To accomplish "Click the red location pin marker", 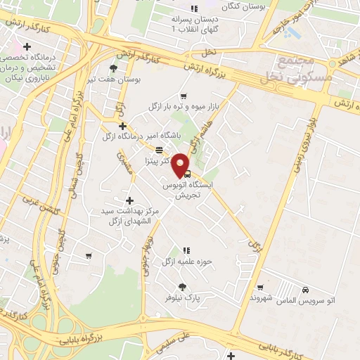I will tap(182, 165).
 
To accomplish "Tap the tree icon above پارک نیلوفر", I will tap(183, 286).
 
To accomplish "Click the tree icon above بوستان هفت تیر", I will tap(114, 68).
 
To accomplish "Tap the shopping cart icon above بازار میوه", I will tap(184, 96).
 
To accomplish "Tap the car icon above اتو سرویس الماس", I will tap(304, 290).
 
